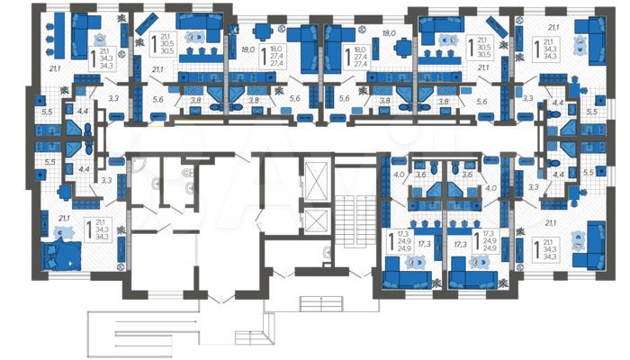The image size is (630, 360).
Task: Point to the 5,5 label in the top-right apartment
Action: [x=591, y=112]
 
